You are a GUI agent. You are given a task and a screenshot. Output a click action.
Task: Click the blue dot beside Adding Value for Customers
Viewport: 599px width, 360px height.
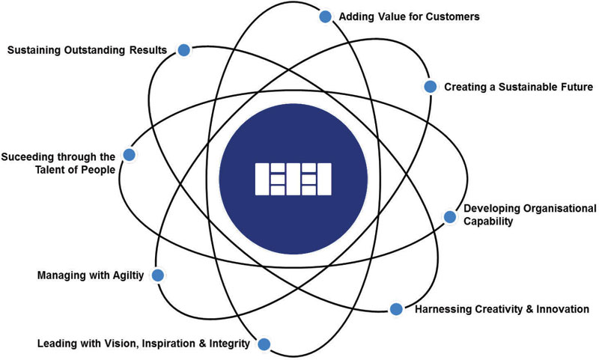[325, 16]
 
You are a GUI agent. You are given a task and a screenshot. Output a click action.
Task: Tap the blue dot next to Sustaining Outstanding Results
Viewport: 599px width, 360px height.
[183, 50]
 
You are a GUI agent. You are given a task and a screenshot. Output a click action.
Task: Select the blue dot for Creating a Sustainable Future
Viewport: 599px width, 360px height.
[430, 87]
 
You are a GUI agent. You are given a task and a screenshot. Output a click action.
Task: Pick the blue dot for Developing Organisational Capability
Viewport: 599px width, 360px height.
[449, 217]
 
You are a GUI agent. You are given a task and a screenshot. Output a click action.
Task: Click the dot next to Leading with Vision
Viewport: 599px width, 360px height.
[264, 344]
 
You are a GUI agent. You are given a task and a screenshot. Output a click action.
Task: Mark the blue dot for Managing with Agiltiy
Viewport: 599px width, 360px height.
[158, 275]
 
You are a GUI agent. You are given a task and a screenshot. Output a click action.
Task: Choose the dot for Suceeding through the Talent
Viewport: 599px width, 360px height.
[129, 155]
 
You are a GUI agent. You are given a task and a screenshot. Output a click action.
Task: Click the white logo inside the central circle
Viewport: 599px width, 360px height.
[294, 178]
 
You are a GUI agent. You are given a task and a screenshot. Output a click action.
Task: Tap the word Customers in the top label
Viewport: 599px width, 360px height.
[453, 16]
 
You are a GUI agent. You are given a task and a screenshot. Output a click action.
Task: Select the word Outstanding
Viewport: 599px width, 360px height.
[95, 50]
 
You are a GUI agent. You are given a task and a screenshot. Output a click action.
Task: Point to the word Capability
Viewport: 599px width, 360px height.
[488, 222]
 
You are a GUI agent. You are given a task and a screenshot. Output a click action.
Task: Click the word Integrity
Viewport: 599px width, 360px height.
[227, 344]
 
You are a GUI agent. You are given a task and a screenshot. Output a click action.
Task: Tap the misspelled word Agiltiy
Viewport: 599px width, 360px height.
[130, 275]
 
